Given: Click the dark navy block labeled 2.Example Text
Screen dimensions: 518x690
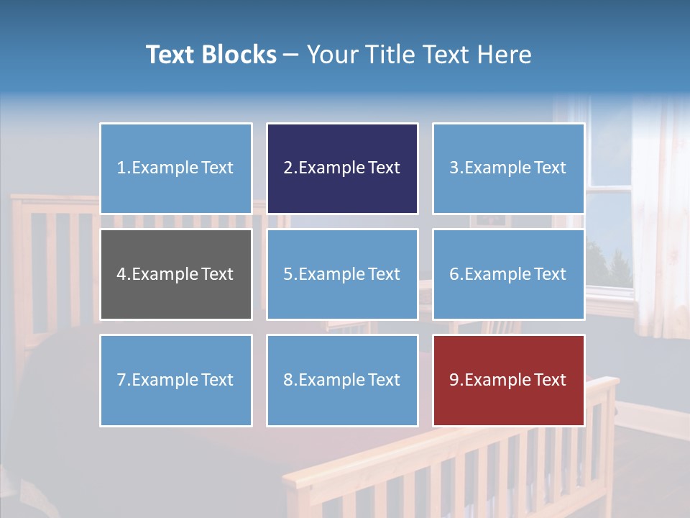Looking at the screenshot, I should [342, 168].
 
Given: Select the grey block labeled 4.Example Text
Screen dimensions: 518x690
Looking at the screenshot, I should [176, 274].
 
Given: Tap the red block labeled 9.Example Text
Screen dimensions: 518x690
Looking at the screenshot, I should [508, 380].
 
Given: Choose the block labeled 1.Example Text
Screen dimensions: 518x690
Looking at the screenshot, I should [176, 168].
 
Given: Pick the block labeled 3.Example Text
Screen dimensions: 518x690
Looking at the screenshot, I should [508, 168].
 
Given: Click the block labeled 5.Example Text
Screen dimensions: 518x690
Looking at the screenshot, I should [342, 274].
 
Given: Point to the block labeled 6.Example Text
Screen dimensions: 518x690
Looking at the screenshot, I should [508, 274].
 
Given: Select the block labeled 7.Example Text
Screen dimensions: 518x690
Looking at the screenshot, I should [176, 380].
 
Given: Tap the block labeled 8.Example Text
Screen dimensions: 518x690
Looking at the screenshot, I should [342, 380].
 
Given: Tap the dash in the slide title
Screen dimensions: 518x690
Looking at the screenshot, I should [292, 55].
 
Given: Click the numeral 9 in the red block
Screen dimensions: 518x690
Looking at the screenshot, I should [454, 380].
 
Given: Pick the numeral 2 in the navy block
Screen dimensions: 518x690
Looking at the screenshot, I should [288, 168].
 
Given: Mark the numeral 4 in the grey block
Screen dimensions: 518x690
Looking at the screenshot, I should [121, 274].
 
